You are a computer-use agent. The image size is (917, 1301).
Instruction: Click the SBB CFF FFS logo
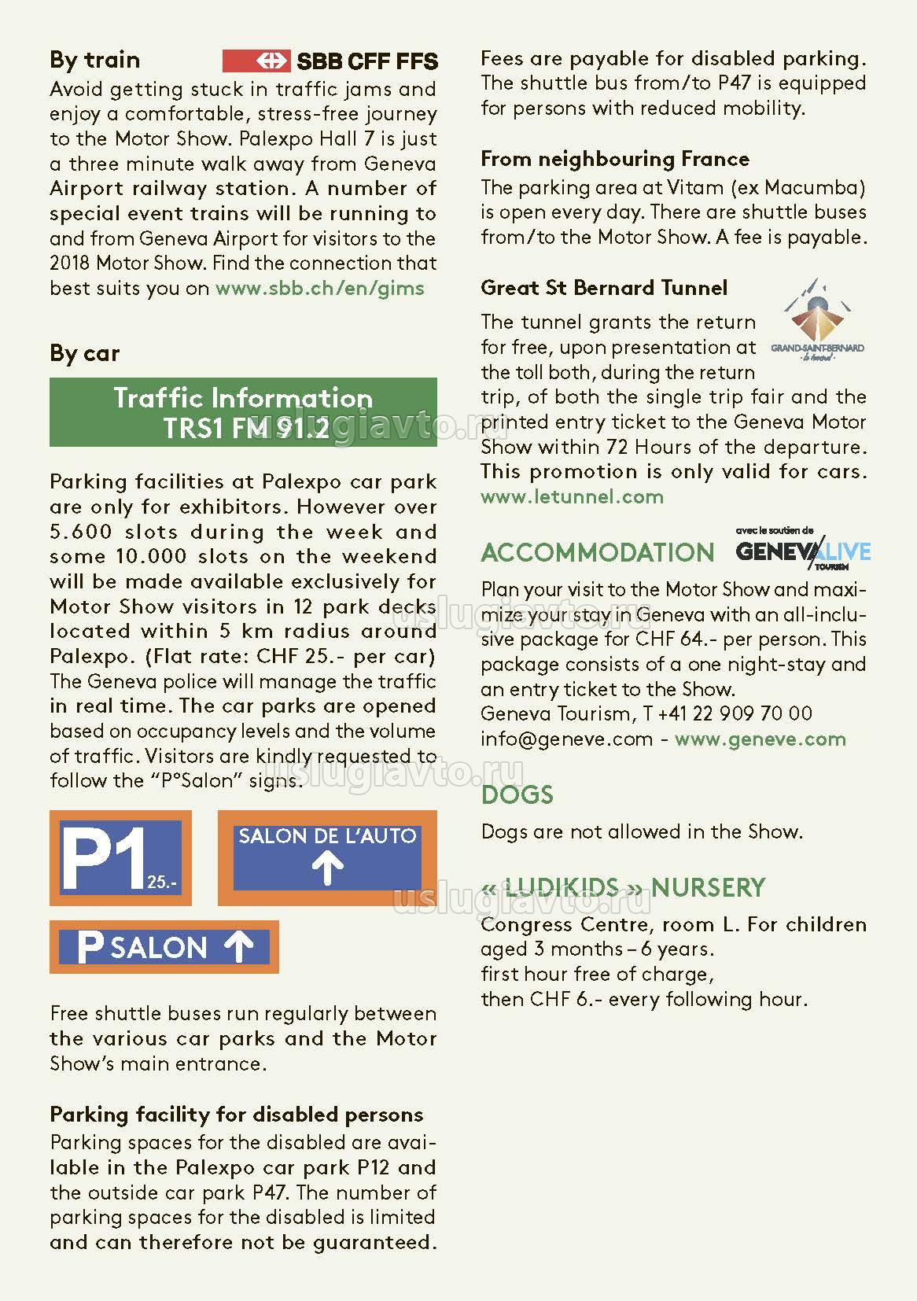[x=330, y=61]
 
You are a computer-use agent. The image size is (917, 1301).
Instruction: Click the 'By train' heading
[x=94, y=60]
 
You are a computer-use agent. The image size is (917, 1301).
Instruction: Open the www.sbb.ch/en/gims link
[x=319, y=288]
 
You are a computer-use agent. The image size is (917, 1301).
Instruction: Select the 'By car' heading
[x=84, y=353]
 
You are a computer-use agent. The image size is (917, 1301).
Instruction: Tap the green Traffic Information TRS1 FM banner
[x=243, y=412]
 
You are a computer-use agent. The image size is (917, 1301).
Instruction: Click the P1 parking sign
[x=120, y=857]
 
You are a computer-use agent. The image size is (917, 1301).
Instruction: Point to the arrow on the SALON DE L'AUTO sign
[x=327, y=870]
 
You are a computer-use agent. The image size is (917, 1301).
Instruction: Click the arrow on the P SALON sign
[x=238, y=947]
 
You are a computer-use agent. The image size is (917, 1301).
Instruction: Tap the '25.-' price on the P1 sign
[x=162, y=883]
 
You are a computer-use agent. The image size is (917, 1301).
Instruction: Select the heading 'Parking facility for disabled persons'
[x=236, y=1115]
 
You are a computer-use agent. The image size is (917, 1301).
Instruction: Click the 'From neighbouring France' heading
[x=615, y=159]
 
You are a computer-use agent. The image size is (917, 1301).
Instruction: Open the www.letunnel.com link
[x=572, y=496]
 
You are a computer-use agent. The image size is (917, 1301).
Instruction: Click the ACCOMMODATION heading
[x=597, y=552]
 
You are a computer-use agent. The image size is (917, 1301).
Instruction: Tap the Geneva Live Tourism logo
[x=803, y=549]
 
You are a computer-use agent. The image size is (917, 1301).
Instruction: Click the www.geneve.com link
[x=760, y=739]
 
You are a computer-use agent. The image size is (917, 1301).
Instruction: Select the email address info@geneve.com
[x=566, y=739]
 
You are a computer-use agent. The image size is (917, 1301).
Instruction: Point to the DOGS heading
[x=517, y=794]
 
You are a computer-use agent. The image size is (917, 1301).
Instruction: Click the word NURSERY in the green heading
[x=708, y=887]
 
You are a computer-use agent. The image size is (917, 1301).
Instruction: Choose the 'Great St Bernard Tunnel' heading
[x=604, y=288]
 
